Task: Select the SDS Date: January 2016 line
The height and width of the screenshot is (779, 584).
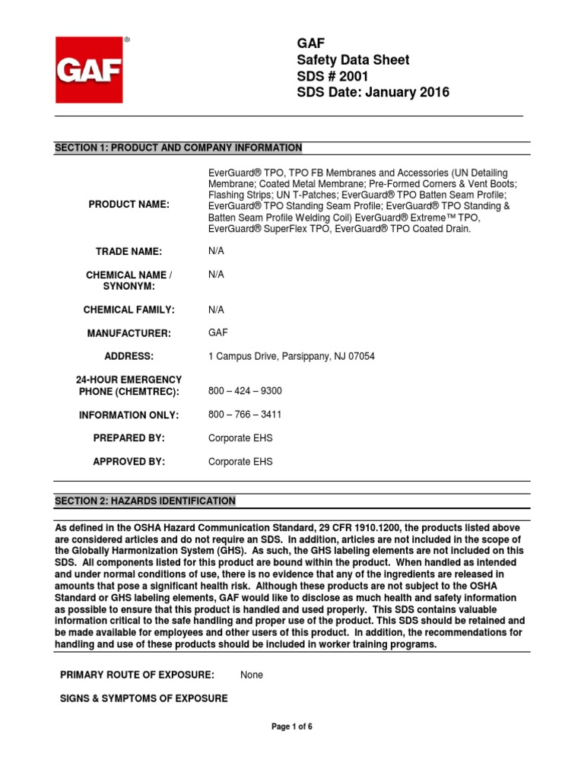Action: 373,93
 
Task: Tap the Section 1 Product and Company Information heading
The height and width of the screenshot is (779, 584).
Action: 178,148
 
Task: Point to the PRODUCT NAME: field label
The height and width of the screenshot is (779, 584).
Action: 129,205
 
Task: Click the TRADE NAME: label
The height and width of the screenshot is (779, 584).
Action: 129,251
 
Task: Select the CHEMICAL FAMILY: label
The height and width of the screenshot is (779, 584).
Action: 129,310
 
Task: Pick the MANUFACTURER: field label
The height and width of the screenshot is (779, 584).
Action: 129,333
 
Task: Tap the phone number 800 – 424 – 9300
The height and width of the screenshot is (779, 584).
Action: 245,391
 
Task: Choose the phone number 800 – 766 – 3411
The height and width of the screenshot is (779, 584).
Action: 245,415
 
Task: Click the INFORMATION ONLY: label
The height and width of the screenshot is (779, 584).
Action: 129,415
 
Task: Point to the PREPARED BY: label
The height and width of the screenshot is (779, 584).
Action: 129,438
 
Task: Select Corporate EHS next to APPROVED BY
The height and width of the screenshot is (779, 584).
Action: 240,462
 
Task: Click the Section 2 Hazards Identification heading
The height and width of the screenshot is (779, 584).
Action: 144,501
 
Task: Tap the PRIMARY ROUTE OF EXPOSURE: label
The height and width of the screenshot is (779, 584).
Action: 137,675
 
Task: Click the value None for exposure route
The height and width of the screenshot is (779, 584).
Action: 252,675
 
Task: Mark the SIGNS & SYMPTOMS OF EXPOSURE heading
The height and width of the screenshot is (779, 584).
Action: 144,698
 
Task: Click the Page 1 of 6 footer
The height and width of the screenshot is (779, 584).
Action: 292,727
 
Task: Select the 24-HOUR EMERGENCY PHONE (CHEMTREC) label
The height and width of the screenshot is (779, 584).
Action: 129,385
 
